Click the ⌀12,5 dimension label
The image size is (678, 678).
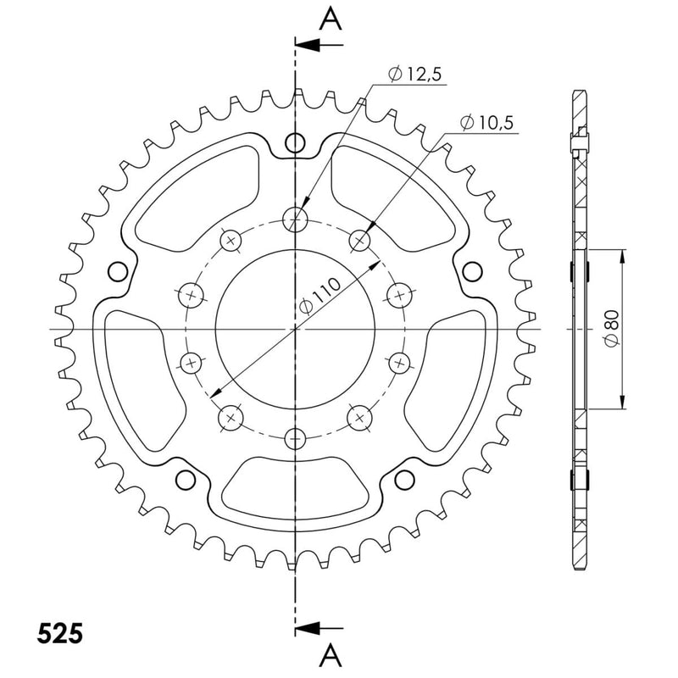pos(415,75)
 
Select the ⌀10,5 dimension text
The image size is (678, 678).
pos(486,123)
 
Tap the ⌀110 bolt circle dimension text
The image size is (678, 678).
pos(320,296)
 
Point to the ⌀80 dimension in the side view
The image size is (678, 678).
pos(612,329)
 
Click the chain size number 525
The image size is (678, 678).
pos(59,634)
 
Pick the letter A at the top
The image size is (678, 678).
pos(331,19)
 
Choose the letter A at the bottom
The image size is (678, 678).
pos(331,654)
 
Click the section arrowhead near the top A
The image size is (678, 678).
pos(308,45)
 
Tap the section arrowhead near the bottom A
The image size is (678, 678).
pos(308,627)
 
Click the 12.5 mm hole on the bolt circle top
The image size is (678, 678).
pos(295,220)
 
